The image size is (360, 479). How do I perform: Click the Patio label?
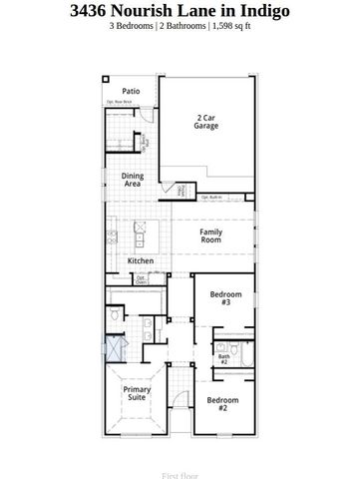pos(131,91)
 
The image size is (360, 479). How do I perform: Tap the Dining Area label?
pos(133,180)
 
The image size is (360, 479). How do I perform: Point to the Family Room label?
pos(210,237)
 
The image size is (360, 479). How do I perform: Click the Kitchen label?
pos(140,261)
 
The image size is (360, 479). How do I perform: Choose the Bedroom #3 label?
pos(220,298)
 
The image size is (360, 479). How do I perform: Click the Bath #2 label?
pos(224,358)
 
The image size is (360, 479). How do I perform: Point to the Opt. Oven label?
pos(141,280)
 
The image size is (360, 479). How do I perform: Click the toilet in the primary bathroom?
pos(117,314)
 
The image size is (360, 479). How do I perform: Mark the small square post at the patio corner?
pos(107,78)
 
